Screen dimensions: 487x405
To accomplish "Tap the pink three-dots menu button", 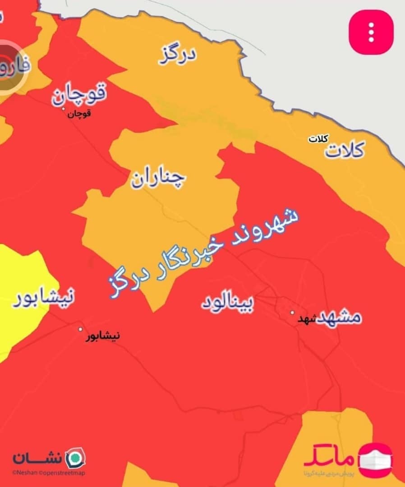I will tap(371, 32).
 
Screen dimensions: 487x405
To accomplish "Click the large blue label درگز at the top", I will tap(178, 56).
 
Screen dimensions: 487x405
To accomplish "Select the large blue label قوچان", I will tap(79, 94).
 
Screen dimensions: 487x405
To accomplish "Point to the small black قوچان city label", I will tap(79, 114).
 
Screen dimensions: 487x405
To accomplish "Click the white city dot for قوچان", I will tap(64, 109).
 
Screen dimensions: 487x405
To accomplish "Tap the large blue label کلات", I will tap(345, 150).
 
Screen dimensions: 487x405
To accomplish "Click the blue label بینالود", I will tap(227, 303).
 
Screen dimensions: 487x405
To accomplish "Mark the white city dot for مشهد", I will tap(292, 312).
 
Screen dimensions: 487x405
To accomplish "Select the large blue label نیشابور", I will tap(43, 298).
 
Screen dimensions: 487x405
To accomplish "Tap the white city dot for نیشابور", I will tap(81, 329).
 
